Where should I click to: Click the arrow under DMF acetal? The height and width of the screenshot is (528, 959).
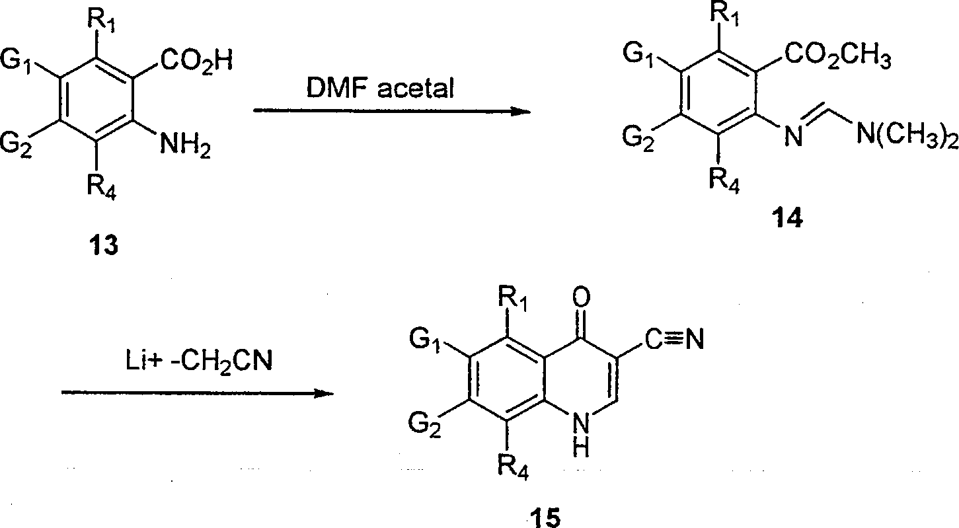click(393, 111)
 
